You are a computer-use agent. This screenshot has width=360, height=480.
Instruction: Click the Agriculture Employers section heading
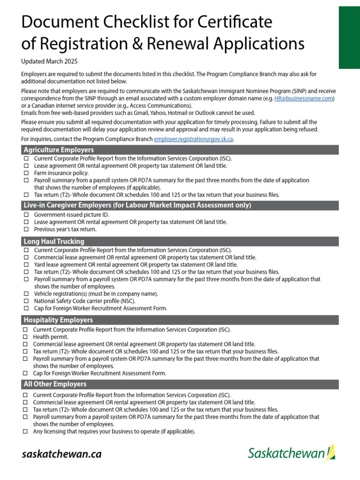[x=59, y=150]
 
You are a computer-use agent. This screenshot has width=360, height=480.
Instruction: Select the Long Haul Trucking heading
[x=54, y=241]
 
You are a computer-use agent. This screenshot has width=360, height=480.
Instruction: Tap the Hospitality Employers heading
[x=58, y=320]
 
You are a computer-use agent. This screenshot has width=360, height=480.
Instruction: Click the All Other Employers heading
[x=55, y=384]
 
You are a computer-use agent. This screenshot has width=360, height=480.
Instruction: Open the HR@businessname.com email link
[x=303, y=98]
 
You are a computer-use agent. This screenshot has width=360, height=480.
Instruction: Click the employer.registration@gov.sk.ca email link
[x=194, y=139]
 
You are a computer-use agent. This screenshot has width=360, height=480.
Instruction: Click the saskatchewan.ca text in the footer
[x=61, y=454]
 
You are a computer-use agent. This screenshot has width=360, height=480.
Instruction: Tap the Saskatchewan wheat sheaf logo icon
[x=331, y=453]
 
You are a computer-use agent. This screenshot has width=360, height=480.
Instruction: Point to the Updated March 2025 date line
[x=49, y=61]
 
